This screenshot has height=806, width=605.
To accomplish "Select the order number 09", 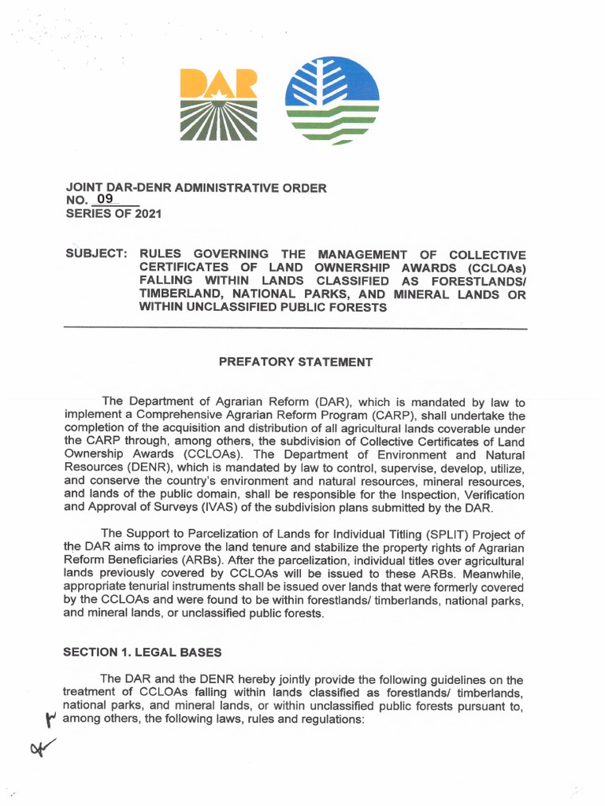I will (x=106, y=201).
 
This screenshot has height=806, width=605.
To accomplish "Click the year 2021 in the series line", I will (x=146, y=214).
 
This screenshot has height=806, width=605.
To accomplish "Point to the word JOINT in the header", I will (x=81, y=188).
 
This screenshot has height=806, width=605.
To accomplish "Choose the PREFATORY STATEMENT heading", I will (x=295, y=362).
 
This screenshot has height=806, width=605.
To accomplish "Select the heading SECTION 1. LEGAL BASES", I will (x=143, y=652).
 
